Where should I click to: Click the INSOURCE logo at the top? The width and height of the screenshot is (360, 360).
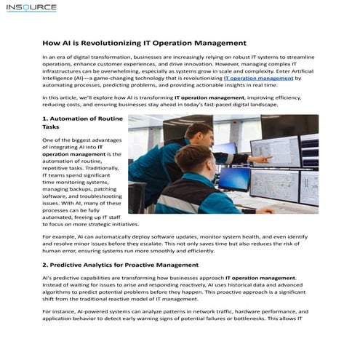point(31,8)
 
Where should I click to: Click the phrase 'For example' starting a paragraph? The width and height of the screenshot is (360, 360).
point(59,237)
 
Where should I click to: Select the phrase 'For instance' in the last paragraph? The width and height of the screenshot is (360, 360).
point(60,311)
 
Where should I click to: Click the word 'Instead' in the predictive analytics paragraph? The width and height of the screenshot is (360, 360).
point(57,285)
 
